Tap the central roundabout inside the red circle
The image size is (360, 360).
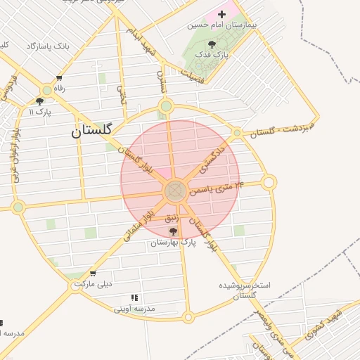tap(175, 191)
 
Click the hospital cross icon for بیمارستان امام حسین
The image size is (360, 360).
tap(222, 13)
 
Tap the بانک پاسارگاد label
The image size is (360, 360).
tap(48, 46)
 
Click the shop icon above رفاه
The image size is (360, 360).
tap(59, 78)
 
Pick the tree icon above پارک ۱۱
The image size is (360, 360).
tap(39, 101)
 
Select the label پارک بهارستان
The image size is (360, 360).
tap(173, 242)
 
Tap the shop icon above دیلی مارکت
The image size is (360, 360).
tap(93, 274)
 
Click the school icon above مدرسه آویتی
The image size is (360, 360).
tap(134, 298)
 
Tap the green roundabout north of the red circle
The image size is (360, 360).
tap(166, 106)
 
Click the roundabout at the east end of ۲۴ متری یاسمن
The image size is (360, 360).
tap(269, 183)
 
